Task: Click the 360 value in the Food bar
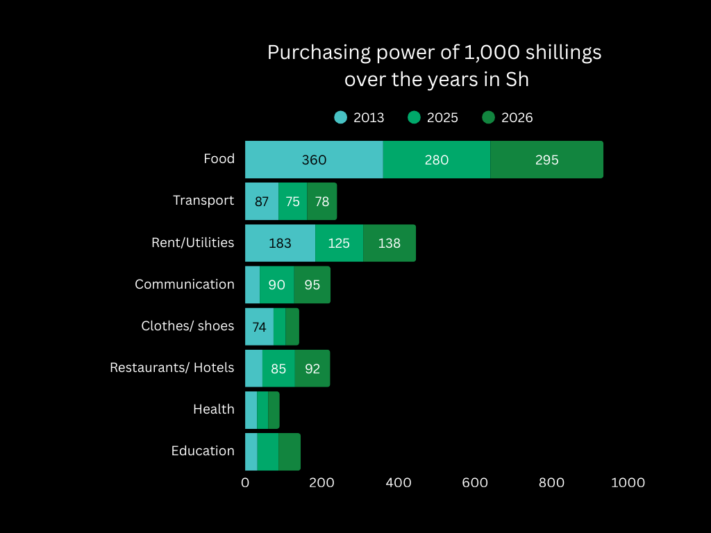click(x=314, y=160)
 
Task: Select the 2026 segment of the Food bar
click(x=546, y=160)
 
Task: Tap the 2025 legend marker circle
click(x=415, y=117)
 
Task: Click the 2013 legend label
click(x=369, y=117)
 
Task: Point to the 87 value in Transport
click(x=262, y=201)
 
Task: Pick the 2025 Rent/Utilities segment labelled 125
click(x=339, y=243)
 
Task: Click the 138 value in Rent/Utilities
click(x=389, y=243)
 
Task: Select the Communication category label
click(x=185, y=284)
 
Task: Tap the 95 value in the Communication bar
click(x=312, y=285)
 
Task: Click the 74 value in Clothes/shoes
click(x=259, y=327)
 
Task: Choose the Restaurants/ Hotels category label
click(x=172, y=367)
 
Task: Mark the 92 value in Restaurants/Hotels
click(x=312, y=369)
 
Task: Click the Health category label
click(x=214, y=409)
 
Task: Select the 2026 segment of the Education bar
click(x=290, y=452)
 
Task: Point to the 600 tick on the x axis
click(x=475, y=482)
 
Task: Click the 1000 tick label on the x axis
click(x=628, y=482)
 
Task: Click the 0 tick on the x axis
click(x=245, y=482)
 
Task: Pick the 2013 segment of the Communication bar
click(x=252, y=285)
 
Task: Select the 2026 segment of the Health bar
click(x=274, y=410)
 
